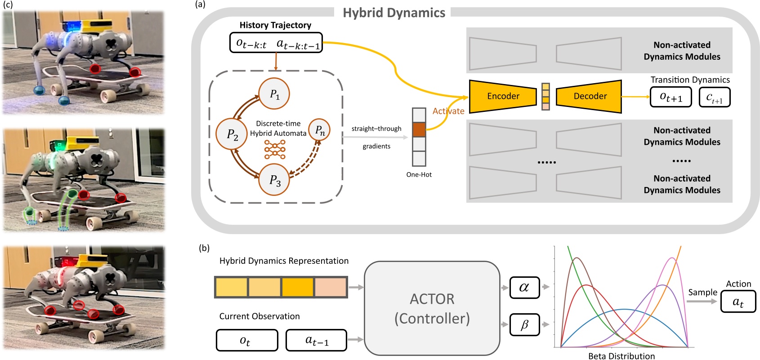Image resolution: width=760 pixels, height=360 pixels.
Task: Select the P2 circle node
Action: [232, 134]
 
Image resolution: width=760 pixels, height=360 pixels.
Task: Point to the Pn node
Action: [320, 130]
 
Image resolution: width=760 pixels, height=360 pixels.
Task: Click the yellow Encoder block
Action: [503, 96]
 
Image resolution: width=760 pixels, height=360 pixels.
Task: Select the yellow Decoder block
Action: [589, 96]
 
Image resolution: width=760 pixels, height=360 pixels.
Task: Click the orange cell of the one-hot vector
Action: [419, 130]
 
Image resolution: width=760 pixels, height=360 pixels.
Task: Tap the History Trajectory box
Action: [276, 43]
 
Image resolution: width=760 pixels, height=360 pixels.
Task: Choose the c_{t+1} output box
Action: [714, 97]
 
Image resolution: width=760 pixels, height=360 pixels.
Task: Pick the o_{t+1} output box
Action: [671, 97]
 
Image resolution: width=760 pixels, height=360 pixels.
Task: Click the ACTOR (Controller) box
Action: [432, 308]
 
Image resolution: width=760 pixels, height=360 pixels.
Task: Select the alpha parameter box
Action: [524, 287]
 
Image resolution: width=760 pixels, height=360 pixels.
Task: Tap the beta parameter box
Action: [524, 324]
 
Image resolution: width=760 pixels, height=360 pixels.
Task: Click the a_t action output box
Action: [738, 302]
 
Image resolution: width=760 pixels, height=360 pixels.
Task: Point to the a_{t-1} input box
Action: [317, 340]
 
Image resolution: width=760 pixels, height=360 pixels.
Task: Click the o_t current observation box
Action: [247, 340]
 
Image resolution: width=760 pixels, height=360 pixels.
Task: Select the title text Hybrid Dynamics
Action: [394, 13]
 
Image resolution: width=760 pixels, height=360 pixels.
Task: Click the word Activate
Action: [448, 111]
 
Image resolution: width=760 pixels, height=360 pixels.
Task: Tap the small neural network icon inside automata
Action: [275, 149]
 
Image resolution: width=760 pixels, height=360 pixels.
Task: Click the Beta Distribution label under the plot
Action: [621, 356]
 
